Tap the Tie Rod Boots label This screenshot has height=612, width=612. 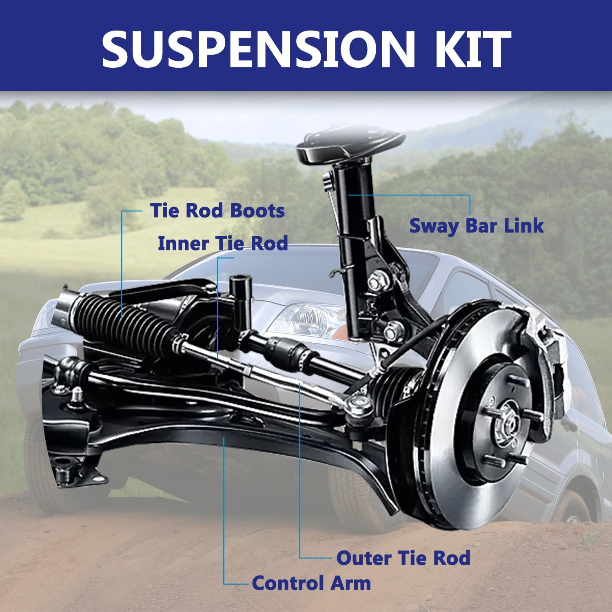[217, 211]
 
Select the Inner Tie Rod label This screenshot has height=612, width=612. [223, 244]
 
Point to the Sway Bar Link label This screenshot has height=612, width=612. [477, 226]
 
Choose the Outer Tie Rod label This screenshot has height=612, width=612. [403, 558]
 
